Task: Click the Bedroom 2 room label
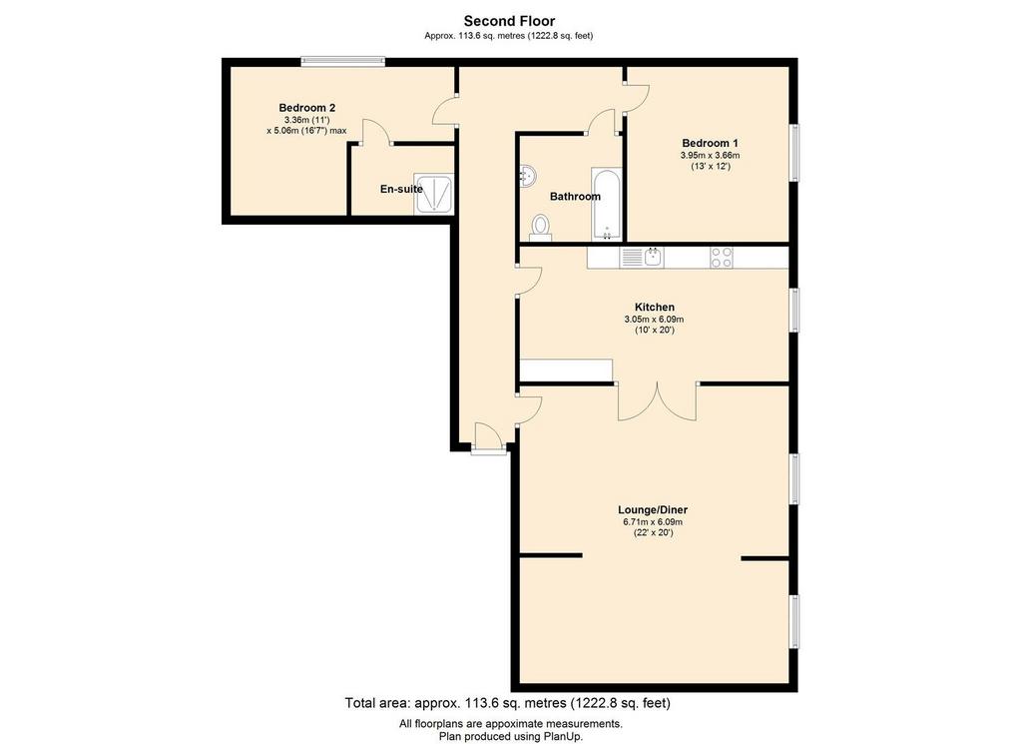[306, 108]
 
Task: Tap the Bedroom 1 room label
[710, 144]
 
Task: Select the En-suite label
[401, 189]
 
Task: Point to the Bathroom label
[575, 197]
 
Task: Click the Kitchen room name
[655, 308]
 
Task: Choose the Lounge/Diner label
[653, 510]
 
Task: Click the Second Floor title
[509, 22]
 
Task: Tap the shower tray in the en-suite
[433, 194]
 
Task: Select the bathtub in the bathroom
[606, 204]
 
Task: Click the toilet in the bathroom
[540, 228]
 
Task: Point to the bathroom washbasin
[527, 176]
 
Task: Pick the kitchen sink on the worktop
[642, 257]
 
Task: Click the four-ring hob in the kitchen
[722, 258]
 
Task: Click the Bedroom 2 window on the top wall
[343, 62]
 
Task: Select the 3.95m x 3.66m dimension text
[710, 156]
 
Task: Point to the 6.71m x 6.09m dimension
[653, 522]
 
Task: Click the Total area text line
[508, 703]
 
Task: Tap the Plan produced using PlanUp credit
[510, 736]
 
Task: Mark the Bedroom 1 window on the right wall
[794, 153]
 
